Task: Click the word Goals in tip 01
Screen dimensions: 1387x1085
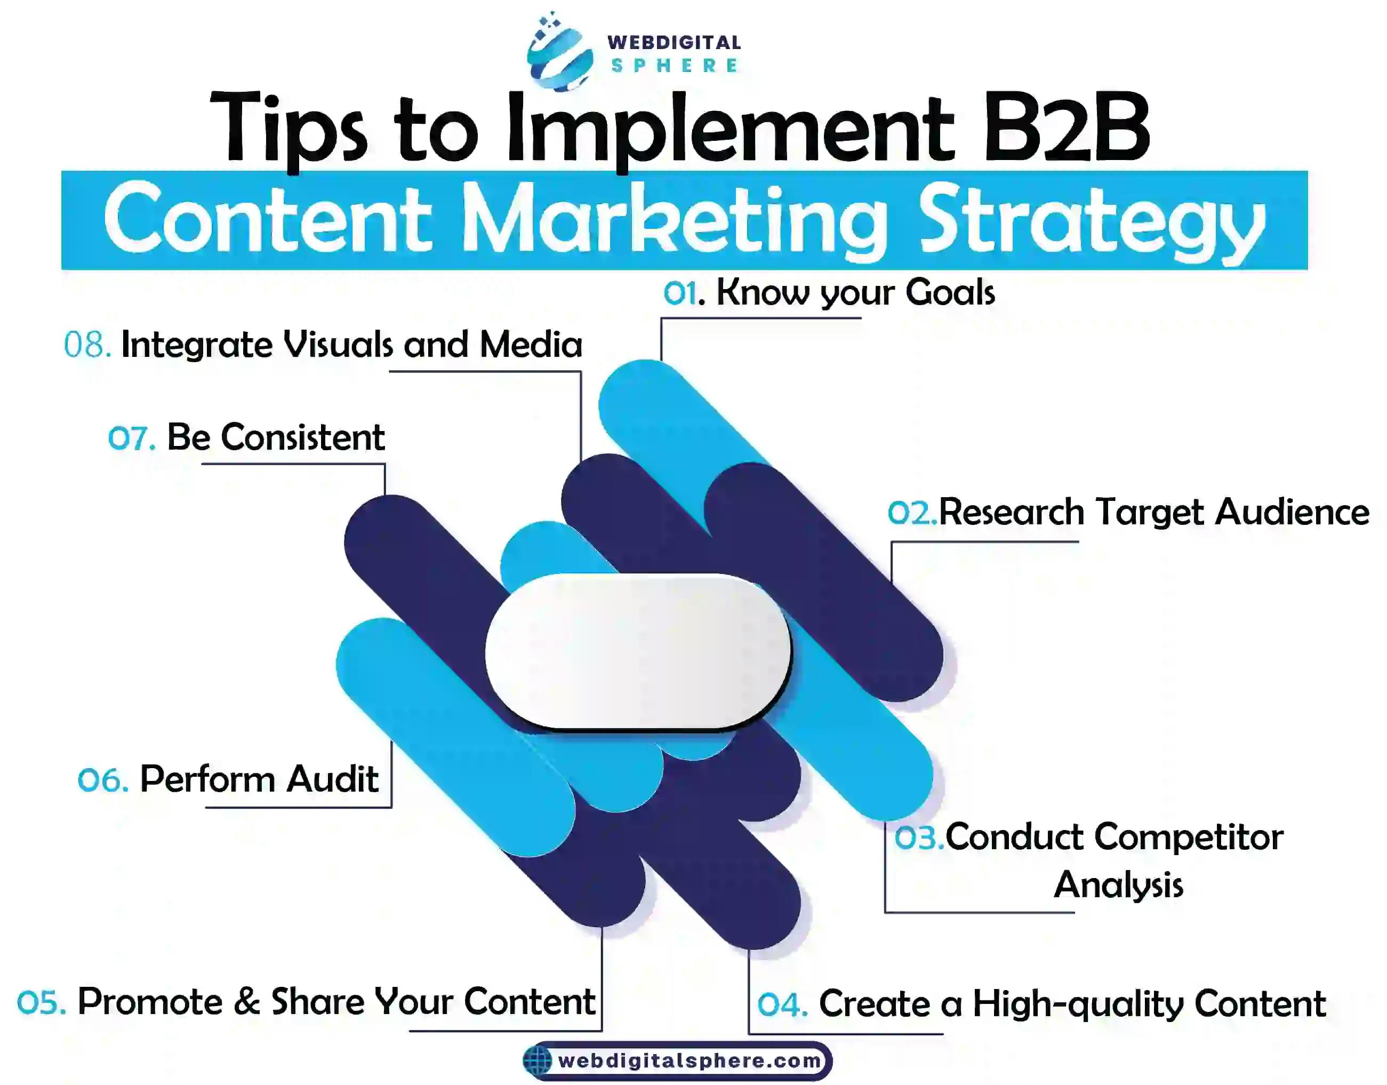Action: [x=950, y=293]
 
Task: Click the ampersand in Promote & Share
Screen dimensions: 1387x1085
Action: [x=247, y=1002]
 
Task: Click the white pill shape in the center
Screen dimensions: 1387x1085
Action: [x=638, y=652]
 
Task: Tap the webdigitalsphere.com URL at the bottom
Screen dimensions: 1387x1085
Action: [x=690, y=1060]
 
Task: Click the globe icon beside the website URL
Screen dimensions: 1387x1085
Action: [x=538, y=1060]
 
